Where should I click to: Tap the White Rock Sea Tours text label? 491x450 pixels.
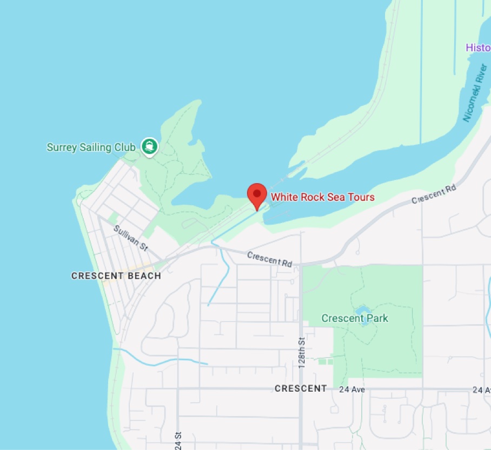[322, 197]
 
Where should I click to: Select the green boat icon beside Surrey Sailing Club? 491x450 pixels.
[149, 145]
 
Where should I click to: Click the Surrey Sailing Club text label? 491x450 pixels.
[91, 147]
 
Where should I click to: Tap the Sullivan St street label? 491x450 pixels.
[130, 238]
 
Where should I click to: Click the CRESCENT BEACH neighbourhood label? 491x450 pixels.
[116, 276]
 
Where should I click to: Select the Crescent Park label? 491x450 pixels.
[355, 318]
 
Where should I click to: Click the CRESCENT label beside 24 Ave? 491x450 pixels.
[301, 388]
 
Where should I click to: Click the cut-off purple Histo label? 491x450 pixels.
[478, 48]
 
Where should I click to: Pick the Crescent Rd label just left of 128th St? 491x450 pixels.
[269, 259]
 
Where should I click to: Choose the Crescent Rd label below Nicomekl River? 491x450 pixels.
[434, 195]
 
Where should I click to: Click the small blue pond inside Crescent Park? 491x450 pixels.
[362, 310]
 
